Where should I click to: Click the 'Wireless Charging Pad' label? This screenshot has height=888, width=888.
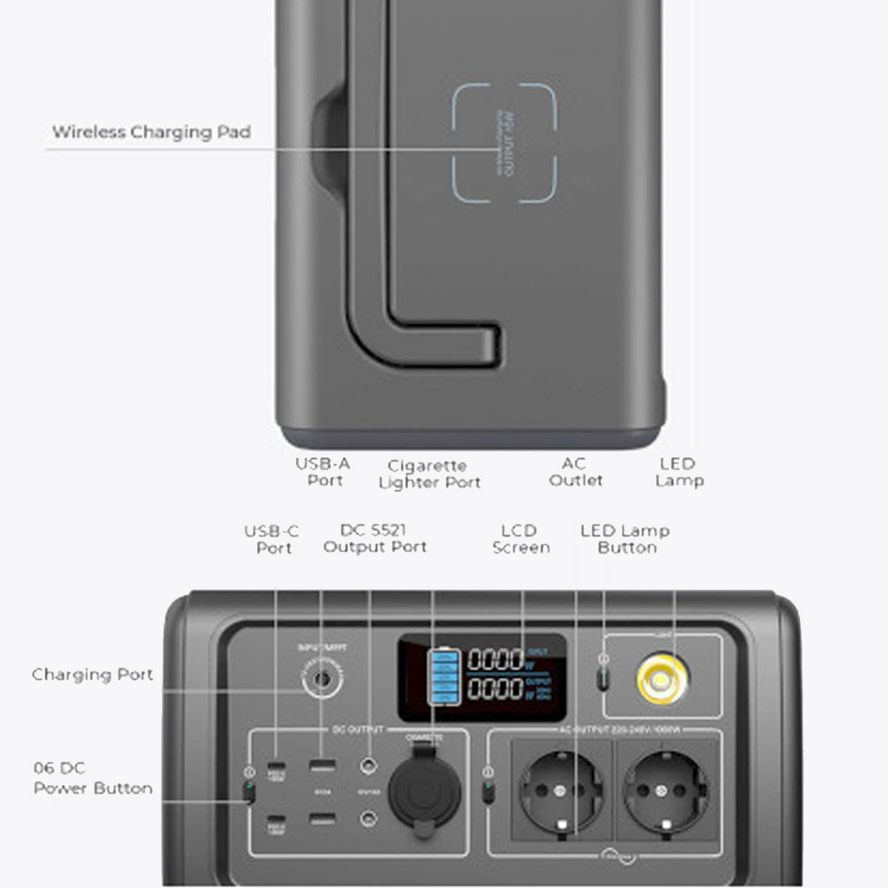tap(151, 132)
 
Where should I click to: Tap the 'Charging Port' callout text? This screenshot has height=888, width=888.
tap(92, 675)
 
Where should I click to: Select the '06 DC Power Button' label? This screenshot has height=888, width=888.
tap(92, 778)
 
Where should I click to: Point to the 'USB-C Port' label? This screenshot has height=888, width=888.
tap(272, 539)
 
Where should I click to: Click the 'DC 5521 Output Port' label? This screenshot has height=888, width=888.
tap(374, 539)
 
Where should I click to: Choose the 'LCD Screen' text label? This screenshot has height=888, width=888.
tap(521, 539)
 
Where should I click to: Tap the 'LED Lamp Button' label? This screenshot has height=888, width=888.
tap(625, 539)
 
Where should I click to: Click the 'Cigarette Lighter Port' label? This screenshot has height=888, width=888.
tap(429, 474)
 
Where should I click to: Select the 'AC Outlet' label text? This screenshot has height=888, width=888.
tap(575, 472)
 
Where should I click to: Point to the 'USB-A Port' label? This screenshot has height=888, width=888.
tap(323, 472)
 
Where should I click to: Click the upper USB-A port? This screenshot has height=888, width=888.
tap(322, 764)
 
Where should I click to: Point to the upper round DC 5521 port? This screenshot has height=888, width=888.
tap(368, 764)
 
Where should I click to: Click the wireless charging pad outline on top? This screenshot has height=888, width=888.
tap(504, 143)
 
